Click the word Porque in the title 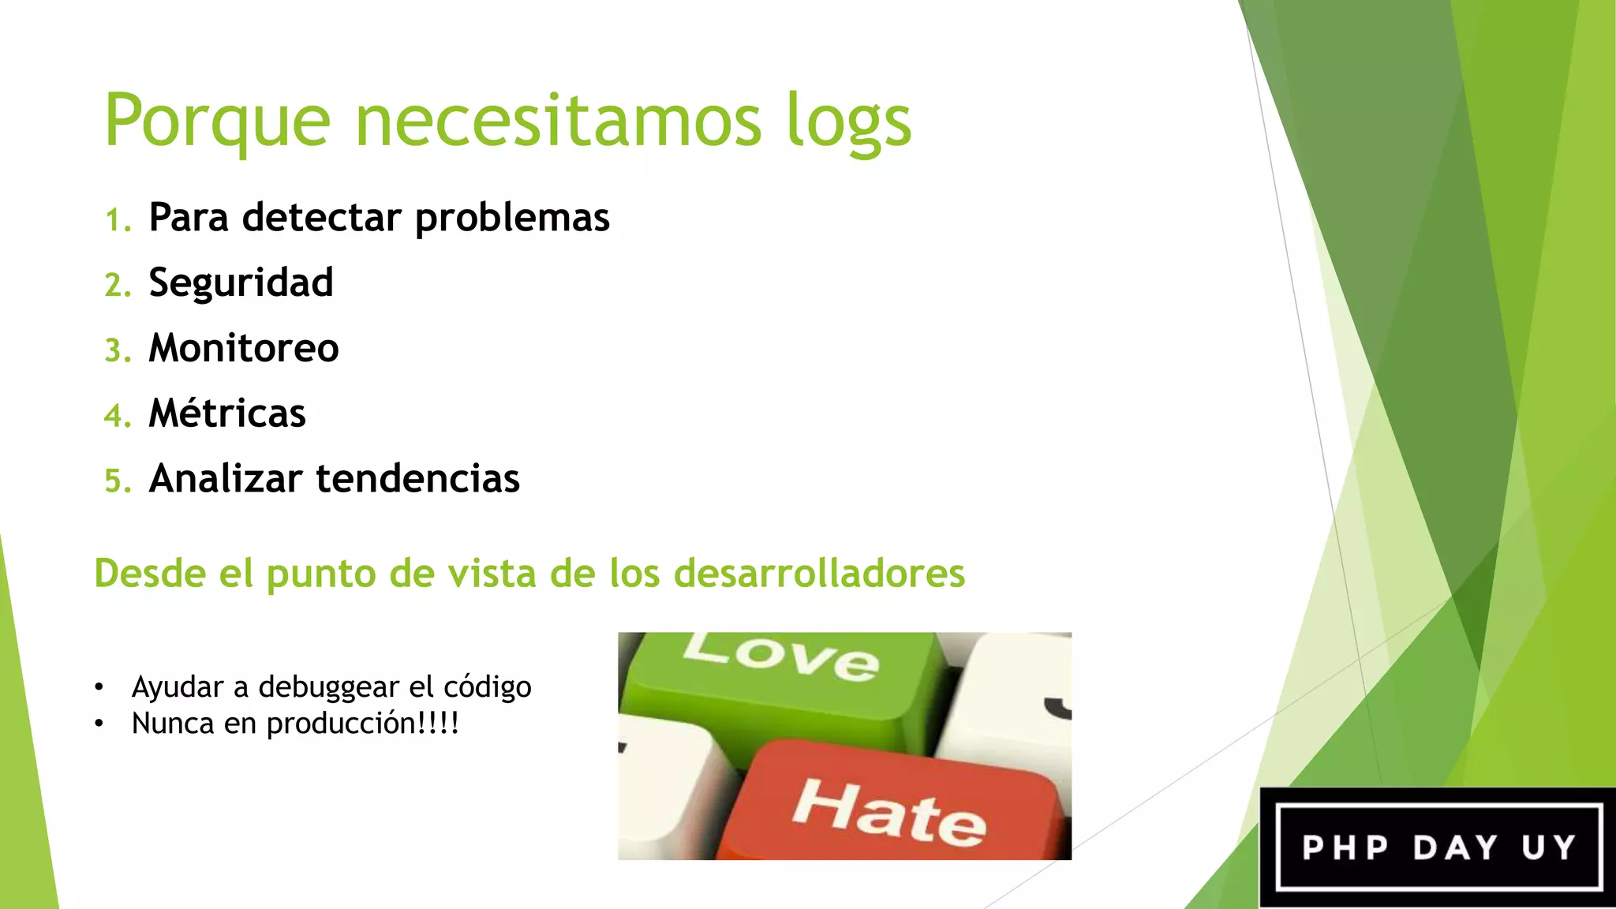[217, 121]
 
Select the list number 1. [118, 219]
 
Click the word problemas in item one [512, 219]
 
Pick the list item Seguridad [241, 283]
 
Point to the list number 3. [118, 350]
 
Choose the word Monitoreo [244, 349]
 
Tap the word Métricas [227, 413]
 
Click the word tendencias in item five [417, 479]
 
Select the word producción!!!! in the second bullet [362, 724]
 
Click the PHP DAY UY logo [1438, 847]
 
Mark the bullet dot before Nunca [99, 724]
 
